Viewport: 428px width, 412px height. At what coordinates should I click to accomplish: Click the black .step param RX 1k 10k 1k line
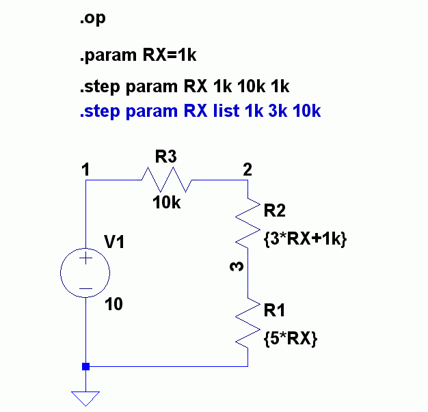click(x=185, y=87)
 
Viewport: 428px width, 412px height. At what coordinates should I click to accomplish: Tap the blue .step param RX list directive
click(x=200, y=111)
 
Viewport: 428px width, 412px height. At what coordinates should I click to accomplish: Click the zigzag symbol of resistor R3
click(x=167, y=180)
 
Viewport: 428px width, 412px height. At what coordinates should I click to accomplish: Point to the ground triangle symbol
click(x=85, y=398)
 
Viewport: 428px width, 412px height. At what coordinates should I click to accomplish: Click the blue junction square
click(x=85, y=366)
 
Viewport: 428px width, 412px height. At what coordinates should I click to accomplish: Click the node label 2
click(x=247, y=170)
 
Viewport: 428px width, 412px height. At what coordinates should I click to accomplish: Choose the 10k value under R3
click(x=166, y=202)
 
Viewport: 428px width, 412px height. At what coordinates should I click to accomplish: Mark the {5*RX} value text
click(x=290, y=339)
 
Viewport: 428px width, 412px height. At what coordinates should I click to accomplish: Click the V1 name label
click(x=115, y=243)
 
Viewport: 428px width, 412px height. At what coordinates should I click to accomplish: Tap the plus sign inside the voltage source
click(x=85, y=259)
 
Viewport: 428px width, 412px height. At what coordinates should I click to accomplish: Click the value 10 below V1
click(x=114, y=305)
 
